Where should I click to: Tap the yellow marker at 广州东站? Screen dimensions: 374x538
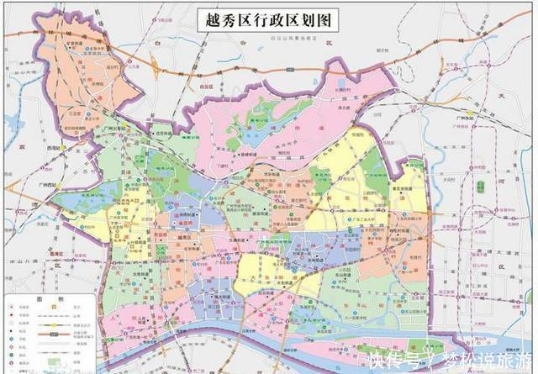(x=470, y=115)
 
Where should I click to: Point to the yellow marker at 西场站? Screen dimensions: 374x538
(x=63, y=148)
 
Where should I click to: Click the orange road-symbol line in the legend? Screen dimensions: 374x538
(x=51, y=333)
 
